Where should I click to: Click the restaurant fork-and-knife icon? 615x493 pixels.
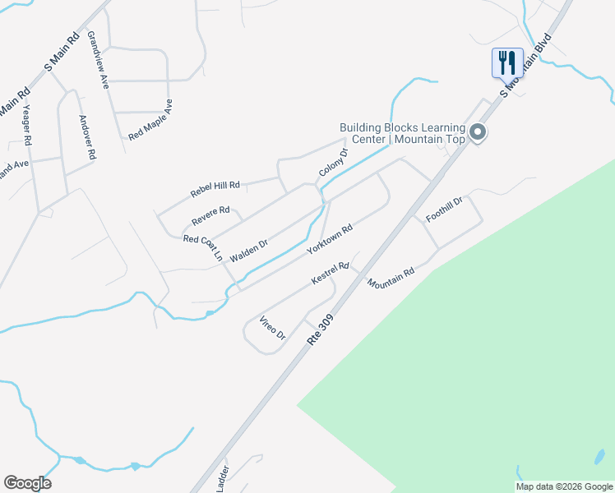[507, 62]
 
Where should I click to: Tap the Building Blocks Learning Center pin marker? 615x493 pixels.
[478, 132]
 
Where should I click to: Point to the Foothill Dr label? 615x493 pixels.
[445, 210]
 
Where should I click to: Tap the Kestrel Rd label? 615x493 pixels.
[331, 274]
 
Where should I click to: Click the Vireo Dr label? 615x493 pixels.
[271, 328]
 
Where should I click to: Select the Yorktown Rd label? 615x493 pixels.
[329, 238]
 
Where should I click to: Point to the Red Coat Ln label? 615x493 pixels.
[203, 247]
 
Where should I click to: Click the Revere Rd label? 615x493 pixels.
[210, 216]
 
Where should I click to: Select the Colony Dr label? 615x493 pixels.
[333, 162]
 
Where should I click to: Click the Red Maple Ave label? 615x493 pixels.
[150, 120]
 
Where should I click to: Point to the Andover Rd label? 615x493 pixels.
[87, 136]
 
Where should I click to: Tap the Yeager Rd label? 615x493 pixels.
[27, 124]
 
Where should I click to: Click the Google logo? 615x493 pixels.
[27, 482]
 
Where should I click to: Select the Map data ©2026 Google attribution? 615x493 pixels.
[564, 486]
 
